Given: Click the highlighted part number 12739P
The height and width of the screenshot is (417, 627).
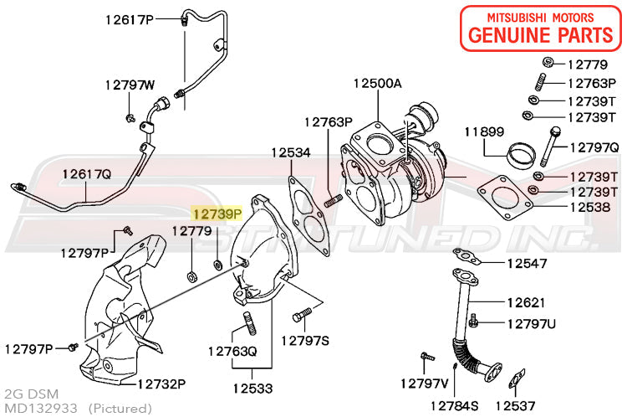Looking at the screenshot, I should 217,214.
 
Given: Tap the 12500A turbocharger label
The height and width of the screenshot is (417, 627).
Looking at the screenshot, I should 377,83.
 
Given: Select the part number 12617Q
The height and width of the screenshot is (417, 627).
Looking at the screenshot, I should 86,173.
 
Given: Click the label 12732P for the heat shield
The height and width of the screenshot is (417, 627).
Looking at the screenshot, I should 161,384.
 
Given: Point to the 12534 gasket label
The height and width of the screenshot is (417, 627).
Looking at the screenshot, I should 290,153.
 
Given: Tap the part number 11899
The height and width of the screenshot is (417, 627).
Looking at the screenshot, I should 484,131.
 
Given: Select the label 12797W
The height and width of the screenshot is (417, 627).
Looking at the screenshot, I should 130,85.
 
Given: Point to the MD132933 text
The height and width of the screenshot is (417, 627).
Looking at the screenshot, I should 41,408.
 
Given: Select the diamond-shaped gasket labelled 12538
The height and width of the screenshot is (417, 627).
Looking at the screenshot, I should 505,196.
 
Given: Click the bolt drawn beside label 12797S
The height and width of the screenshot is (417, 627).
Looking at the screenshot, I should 303,316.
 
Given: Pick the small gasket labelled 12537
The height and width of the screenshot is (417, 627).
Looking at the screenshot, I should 517,378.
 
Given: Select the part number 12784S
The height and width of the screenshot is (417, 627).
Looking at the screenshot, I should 455,406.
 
